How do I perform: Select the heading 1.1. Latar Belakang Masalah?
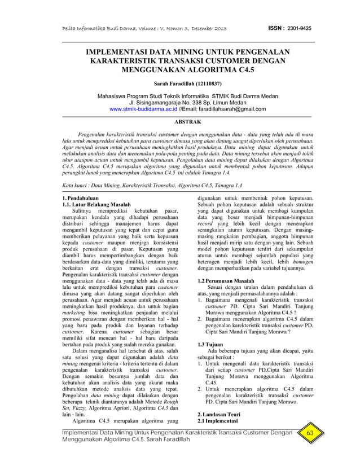pos(96,205)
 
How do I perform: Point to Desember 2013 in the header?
pos(208,28)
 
